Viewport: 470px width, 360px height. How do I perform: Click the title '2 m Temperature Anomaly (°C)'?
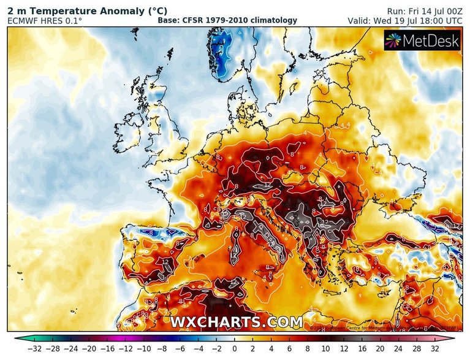click(71, 10)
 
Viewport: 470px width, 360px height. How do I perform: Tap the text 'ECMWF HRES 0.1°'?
click(44, 21)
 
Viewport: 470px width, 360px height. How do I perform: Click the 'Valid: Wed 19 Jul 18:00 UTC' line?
click(405, 21)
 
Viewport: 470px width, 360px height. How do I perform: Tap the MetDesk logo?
click(421, 40)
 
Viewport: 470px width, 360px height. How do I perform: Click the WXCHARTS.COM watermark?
click(236, 322)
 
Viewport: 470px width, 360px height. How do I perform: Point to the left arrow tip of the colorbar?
click(18, 337)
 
